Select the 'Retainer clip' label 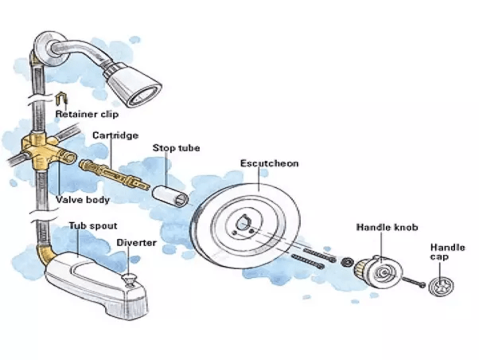(88, 114)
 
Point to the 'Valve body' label (83, 200)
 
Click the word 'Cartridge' (115, 135)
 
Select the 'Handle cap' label (446, 252)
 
